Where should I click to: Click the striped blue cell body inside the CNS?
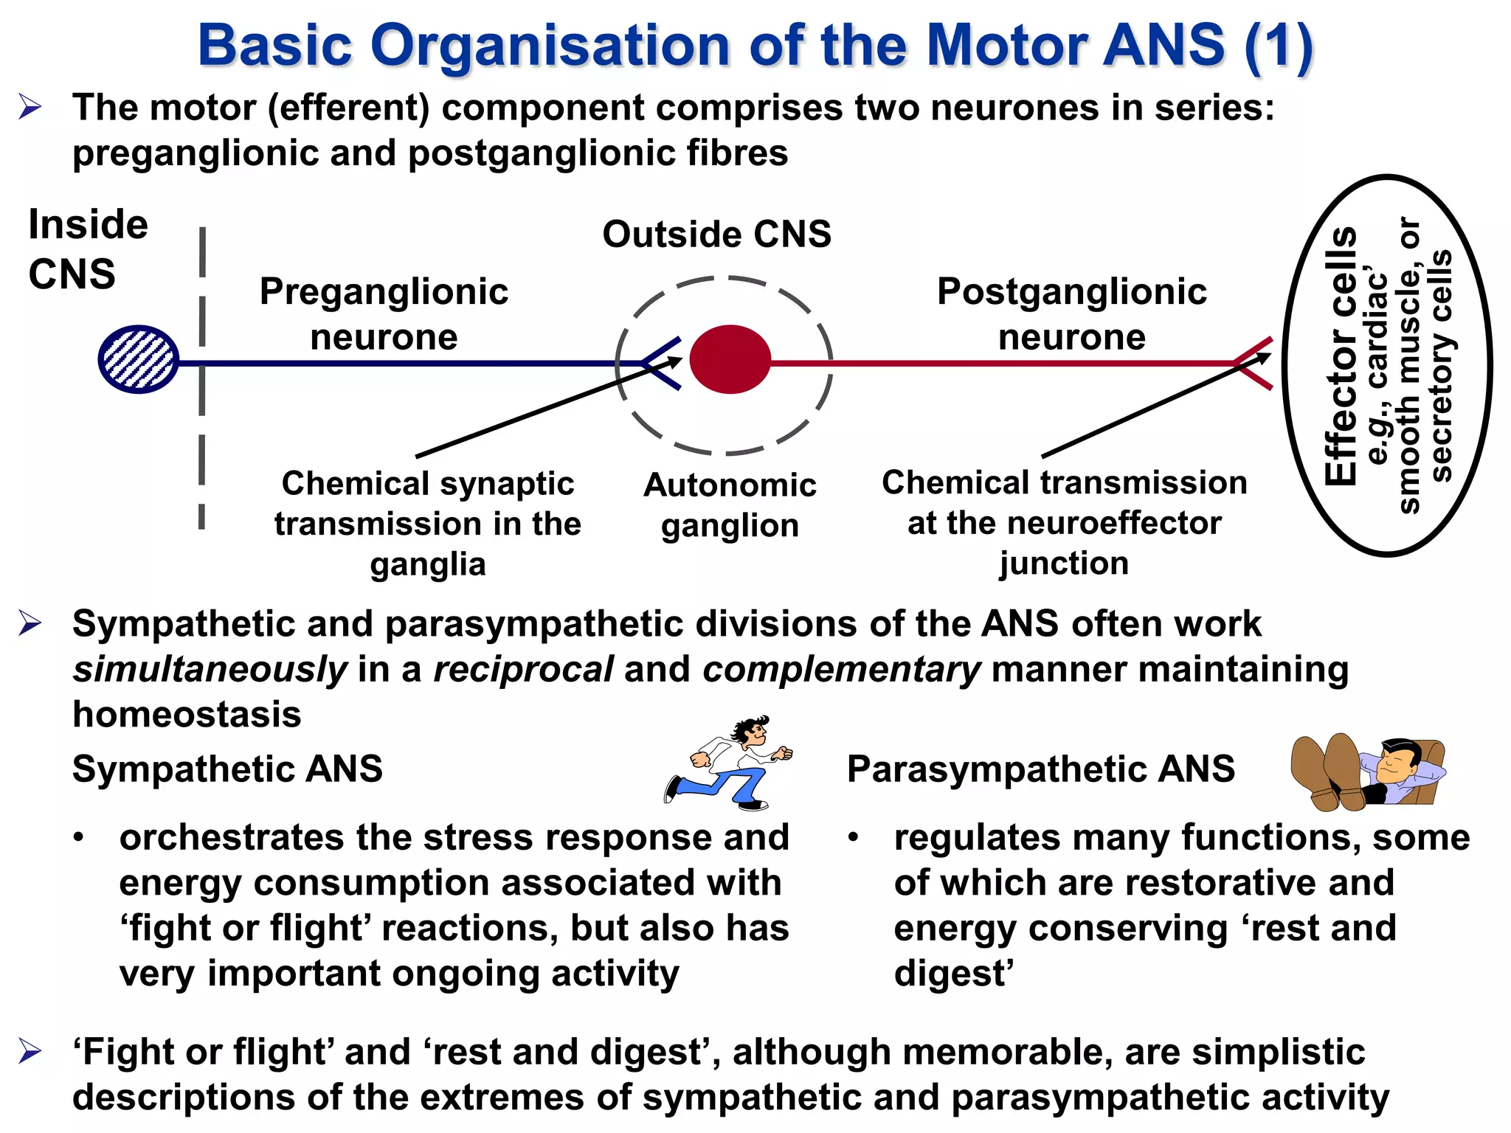click(139, 359)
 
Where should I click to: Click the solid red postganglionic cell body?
click(730, 359)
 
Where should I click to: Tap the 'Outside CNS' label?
click(716, 235)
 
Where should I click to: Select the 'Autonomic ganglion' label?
click(730, 505)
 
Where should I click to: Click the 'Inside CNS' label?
click(87, 249)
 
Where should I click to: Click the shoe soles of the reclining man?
click(1328, 771)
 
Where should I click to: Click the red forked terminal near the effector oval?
click(1254, 363)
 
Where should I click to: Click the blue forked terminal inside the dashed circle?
click(660, 363)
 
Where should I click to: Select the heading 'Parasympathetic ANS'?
click(1040, 769)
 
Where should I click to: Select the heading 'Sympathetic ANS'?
click(227, 769)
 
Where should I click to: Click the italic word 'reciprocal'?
click(522, 670)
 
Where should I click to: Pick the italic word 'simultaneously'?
click(210, 670)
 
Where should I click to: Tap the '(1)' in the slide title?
click(1278, 46)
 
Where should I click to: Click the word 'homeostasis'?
click(187, 715)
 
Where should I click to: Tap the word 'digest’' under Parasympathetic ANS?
click(953, 974)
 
